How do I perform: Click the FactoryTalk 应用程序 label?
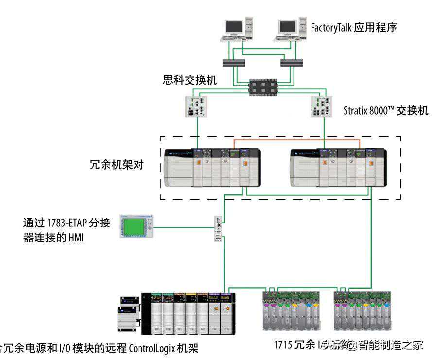354,27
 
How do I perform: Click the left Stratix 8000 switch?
197,105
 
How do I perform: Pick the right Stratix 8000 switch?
323,105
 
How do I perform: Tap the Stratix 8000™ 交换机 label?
385,111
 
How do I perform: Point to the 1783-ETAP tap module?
219,230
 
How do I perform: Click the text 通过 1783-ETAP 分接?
67,223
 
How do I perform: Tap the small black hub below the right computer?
292,63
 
